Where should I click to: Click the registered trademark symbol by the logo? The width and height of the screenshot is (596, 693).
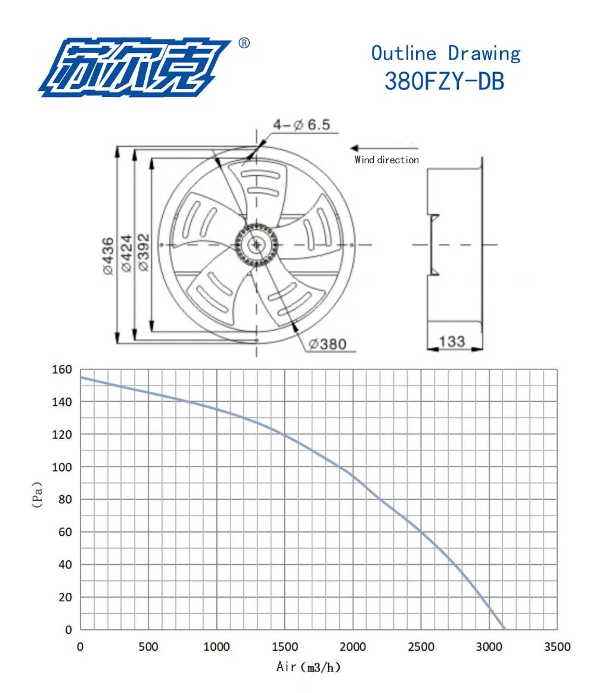(x=244, y=43)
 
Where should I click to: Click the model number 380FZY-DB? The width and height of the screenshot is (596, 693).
(x=445, y=81)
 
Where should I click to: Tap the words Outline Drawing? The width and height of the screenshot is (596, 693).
(x=446, y=53)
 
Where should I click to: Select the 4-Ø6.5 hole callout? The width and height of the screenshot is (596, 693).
(x=302, y=125)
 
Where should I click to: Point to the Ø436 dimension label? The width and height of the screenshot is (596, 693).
(x=108, y=256)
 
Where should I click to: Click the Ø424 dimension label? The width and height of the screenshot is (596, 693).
(x=126, y=253)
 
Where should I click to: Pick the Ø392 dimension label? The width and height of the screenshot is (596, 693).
(x=144, y=253)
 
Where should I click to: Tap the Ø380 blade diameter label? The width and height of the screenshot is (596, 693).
(x=328, y=344)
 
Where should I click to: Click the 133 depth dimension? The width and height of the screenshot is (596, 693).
(x=452, y=341)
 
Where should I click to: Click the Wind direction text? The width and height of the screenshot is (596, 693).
(x=386, y=160)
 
